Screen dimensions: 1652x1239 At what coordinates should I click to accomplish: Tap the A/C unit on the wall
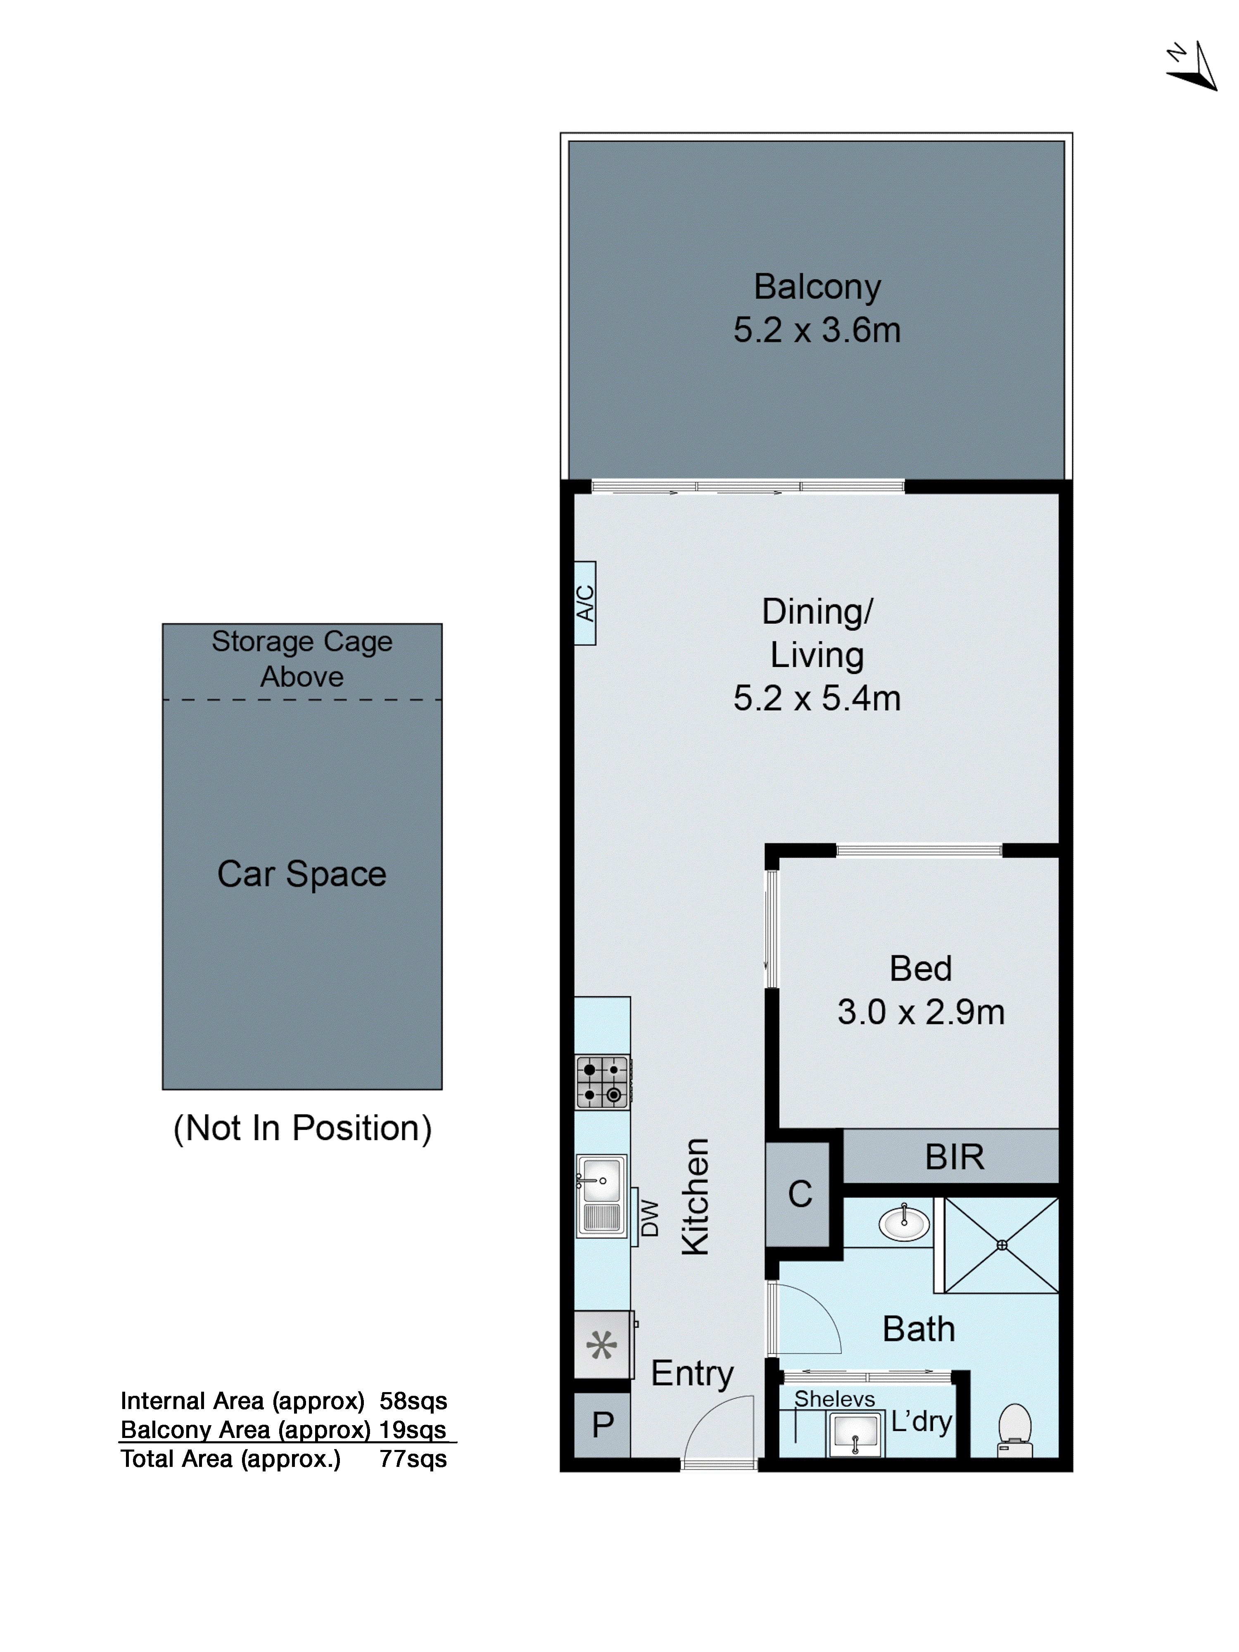coord(585,603)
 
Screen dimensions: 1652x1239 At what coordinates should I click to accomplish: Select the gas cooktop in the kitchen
coord(602,1082)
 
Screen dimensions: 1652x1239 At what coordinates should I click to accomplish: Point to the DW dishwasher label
coord(650,1218)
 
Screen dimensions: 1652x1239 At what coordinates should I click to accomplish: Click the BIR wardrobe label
coord(954,1157)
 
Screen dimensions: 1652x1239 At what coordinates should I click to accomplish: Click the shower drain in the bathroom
coord(1002,1245)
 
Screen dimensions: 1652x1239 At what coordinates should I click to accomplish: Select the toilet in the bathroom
coord(1015,1429)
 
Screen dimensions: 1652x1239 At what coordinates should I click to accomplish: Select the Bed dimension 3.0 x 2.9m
coord(920,1012)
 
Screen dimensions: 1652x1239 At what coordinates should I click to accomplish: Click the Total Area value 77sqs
coord(413,1459)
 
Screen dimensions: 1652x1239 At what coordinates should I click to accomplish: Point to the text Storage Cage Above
coord(301,659)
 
